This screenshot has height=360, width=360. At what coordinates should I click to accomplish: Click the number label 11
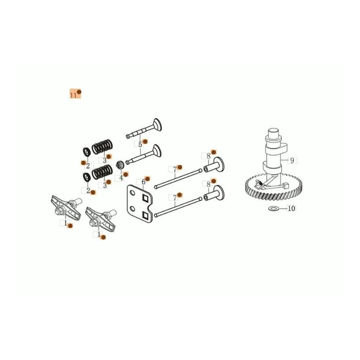(73, 95)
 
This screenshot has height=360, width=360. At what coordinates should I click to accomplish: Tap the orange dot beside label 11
(79, 92)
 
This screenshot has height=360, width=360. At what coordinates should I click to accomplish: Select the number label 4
(121, 177)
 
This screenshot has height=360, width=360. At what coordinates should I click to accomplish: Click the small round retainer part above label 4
(120, 165)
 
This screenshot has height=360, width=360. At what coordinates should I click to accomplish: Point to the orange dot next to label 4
(126, 174)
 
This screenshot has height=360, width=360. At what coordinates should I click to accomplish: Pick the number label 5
(140, 144)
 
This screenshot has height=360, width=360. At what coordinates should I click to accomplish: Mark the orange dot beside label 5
(145, 142)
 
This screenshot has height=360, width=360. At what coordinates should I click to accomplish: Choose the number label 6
(144, 182)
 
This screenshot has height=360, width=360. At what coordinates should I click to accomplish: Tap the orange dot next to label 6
(148, 178)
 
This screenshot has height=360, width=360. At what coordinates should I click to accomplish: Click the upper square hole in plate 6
(145, 198)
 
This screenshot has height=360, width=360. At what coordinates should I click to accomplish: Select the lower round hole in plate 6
(132, 209)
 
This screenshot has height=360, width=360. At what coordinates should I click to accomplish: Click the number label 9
(292, 160)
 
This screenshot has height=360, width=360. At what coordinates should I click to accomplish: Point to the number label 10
(291, 208)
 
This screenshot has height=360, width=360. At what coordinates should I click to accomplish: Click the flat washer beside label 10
(273, 208)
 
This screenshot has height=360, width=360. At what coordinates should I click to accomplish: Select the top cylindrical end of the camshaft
(274, 133)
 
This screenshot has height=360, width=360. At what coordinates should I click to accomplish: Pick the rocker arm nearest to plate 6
(100, 220)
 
